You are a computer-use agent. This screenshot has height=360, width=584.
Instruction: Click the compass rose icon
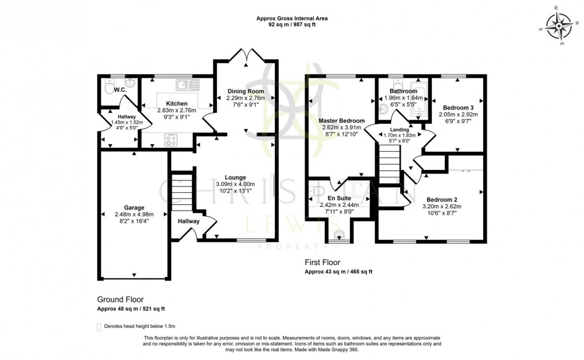coord(555,25)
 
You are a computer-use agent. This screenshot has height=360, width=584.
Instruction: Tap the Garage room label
coord(135,208)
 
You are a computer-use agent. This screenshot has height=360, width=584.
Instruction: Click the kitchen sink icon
coord(187,85)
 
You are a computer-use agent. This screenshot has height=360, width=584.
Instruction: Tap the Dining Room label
coord(246,91)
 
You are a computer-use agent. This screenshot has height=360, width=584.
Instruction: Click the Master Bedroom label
coord(341,121)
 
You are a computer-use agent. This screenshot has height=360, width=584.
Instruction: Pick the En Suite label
coord(339,198)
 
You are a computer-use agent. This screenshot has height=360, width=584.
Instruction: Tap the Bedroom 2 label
coord(441,199)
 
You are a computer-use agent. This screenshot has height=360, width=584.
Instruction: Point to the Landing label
coord(399,129)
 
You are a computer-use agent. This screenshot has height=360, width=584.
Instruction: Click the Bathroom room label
coord(404,91)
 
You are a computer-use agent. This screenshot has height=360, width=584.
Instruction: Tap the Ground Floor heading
coord(120,299)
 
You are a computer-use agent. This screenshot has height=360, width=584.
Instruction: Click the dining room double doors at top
coord(246,56)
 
